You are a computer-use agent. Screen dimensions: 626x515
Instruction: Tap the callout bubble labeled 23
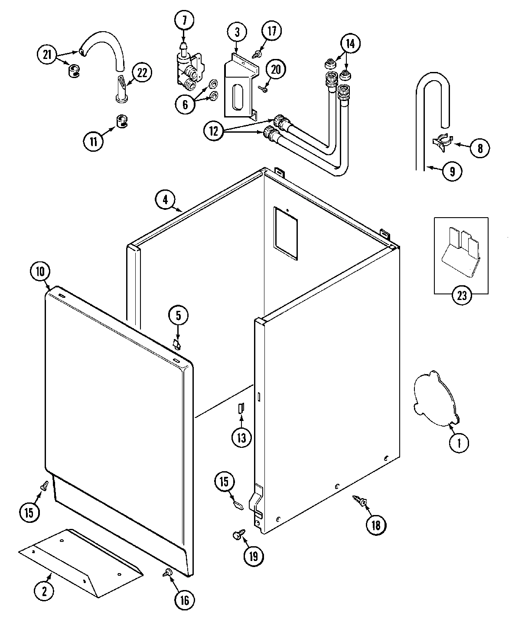tap(461, 295)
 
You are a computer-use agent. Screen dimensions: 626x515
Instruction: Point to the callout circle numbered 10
tap(40, 272)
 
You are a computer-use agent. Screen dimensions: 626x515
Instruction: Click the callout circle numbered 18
tap(375, 525)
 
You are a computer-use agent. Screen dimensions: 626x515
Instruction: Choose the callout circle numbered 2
tap(44, 590)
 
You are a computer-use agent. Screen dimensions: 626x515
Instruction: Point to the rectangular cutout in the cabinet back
tap(286, 233)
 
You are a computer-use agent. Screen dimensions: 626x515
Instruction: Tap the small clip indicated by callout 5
tap(176, 344)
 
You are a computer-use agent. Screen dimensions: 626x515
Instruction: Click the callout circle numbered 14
tap(350, 43)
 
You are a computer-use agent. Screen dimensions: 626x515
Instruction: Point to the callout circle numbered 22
tap(142, 72)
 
